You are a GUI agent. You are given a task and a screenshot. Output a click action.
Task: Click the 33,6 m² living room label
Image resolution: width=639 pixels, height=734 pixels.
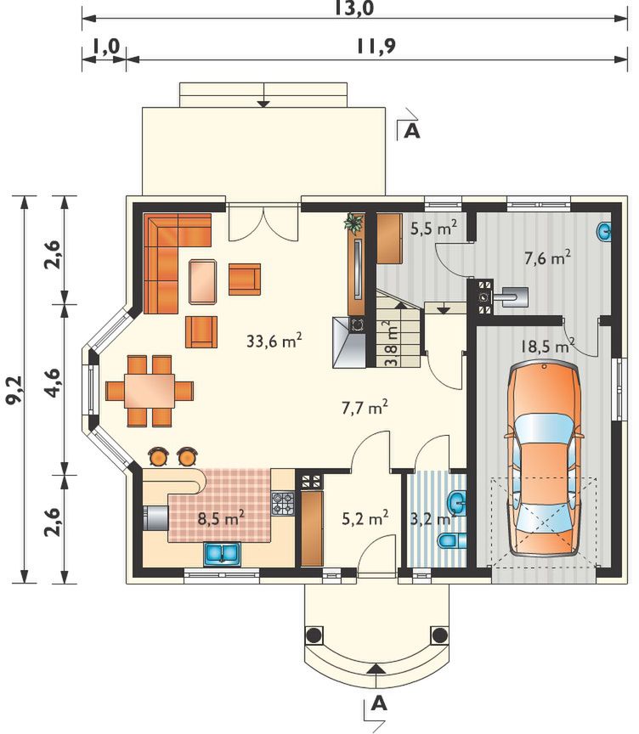click(274, 341)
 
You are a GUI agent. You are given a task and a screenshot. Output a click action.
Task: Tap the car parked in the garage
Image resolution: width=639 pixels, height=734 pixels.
click(545, 459)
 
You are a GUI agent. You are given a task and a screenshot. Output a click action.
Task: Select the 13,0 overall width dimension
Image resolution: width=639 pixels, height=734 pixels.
click(354, 8)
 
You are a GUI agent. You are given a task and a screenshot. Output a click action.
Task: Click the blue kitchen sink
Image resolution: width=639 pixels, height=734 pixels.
click(223, 553)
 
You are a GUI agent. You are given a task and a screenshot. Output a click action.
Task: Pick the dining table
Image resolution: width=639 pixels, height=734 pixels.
click(150, 391)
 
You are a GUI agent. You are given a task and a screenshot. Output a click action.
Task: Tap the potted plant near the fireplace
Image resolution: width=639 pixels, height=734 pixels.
click(353, 223)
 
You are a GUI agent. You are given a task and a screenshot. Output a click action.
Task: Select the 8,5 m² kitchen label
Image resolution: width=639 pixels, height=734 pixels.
click(221, 519)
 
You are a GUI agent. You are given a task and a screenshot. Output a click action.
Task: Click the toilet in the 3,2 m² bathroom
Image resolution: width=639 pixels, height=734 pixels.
click(453, 540)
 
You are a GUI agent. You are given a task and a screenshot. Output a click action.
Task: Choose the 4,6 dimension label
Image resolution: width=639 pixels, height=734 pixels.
click(54, 383)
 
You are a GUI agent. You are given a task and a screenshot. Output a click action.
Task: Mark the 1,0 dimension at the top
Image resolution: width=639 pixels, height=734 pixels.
click(105, 47)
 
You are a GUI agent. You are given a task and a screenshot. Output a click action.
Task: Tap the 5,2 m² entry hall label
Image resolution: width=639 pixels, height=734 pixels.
click(365, 519)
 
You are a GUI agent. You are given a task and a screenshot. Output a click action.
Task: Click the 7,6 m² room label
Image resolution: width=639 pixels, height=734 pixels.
click(546, 258)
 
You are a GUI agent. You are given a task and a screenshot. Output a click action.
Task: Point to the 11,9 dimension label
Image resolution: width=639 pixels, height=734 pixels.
click(376, 46)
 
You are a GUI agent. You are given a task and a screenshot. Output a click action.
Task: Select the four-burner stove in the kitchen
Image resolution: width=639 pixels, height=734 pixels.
click(283, 504)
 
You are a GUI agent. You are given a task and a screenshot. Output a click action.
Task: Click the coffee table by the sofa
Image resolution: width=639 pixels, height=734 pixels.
click(203, 282)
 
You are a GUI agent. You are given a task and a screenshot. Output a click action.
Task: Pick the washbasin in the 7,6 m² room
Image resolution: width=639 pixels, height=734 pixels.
click(604, 232)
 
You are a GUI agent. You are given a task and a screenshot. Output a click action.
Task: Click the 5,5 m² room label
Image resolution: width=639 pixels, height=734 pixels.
click(433, 228)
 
